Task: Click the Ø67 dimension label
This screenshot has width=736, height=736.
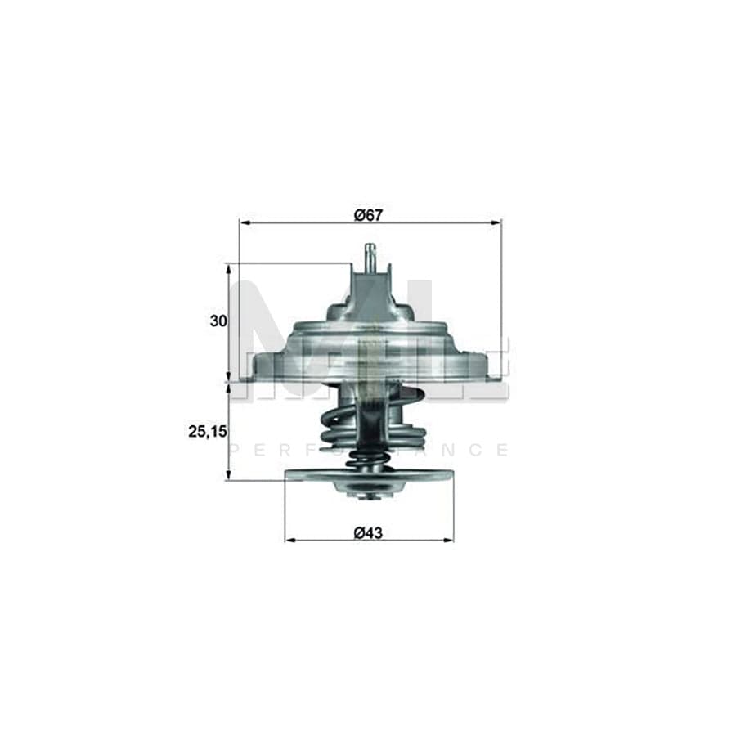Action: click(x=369, y=215)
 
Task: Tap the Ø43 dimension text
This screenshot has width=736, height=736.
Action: click(x=369, y=532)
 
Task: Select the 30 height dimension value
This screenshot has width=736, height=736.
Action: click(x=218, y=321)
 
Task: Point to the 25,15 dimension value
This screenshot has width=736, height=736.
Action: click(x=207, y=430)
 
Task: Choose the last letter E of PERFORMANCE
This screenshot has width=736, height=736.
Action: click(x=502, y=450)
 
